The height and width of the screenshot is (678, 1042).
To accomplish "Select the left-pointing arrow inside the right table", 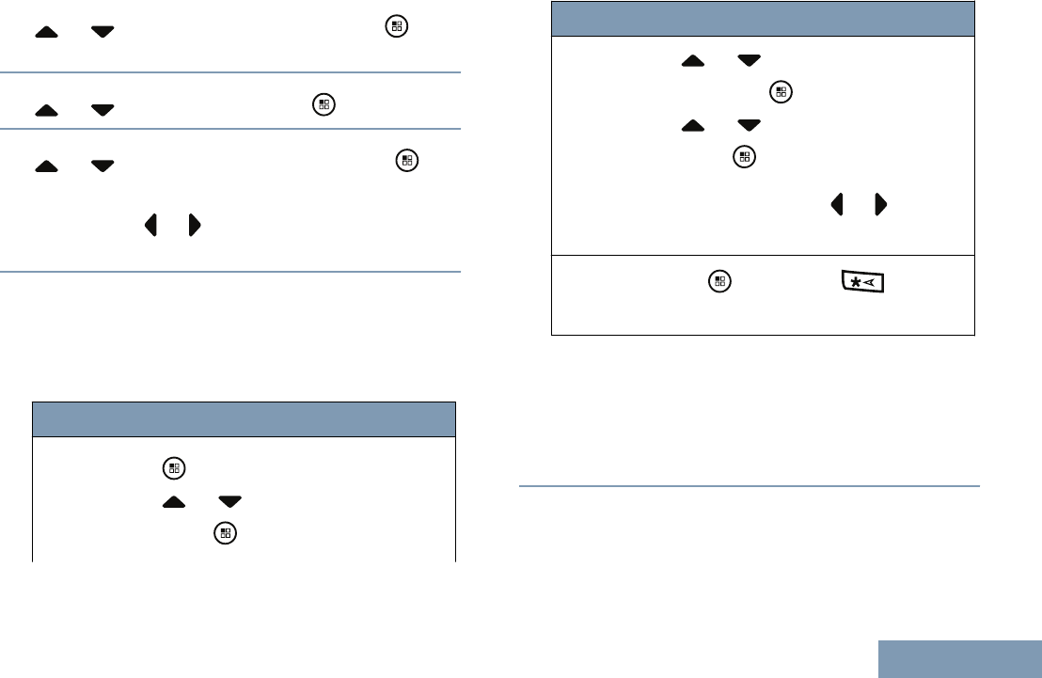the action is [x=834, y=204].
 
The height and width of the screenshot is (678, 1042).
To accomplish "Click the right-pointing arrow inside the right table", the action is [x=880, y=204].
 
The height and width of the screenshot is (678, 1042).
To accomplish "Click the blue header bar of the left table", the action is [x=245, y=419].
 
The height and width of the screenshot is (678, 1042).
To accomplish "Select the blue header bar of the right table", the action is [x=763, y=19].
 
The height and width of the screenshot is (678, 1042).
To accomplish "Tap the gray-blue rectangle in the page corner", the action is [x=960, y=659].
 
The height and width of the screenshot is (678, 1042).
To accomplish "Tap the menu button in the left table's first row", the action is [x=172, y=466].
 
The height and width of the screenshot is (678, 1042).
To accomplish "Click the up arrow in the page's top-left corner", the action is [x=45, y=32].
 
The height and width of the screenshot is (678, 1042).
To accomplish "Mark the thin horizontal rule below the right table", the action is [x=750, y=486].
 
